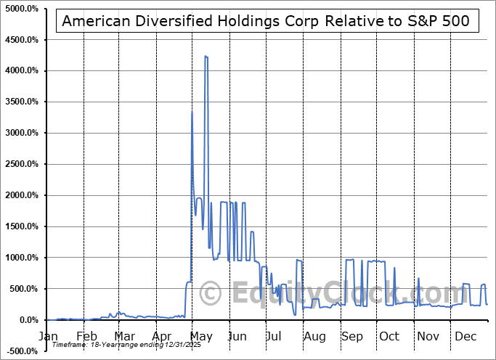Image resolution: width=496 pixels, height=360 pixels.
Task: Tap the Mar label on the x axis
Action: (x=124, y=337)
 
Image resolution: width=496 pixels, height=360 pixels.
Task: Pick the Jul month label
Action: (x=274, y=337)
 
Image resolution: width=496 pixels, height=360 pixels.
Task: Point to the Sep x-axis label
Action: (x=352, y=337)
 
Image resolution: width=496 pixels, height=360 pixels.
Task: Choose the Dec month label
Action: (x=464, y=337)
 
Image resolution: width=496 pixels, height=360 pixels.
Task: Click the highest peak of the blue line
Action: (x=206, y=56)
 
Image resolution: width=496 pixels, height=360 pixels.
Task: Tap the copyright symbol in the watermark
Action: (x=211, y=294)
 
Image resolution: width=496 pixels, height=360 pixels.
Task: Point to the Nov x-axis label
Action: (x=427, y=337)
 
